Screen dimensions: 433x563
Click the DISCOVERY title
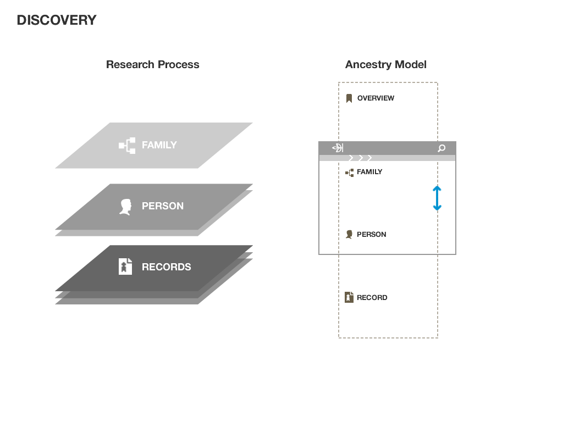(x=57, y=20)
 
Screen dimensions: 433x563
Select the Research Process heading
(x=152, y=64)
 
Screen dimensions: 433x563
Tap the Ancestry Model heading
(x=385, y=64)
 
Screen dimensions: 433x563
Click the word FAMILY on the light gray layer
(x=159, y=145)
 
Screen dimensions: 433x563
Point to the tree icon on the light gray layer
(x=127, y=146)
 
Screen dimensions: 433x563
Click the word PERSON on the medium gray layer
(x=162, y=206)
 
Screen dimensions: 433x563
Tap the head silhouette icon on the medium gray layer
(x=126, y=207)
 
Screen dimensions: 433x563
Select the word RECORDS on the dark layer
(x=166, y=267)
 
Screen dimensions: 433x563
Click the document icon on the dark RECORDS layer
(x=126, y=267)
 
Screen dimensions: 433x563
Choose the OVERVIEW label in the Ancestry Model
(x=376, y=98)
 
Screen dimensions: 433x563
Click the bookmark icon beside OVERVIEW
(x=349, y=98)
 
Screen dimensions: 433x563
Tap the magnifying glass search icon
(x=441, y=148)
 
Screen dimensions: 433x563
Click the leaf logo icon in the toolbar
(x=338, y=148)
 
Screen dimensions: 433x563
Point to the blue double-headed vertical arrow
(x=437, y=198)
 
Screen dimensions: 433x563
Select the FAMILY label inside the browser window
(x=369, y=172)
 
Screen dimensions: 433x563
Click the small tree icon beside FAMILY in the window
(x=349, y=173)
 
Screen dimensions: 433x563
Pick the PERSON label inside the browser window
(x=371, y=235)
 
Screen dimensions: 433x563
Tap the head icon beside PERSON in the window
(x=349, y=235)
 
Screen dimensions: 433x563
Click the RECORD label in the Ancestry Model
(x=372, y=298)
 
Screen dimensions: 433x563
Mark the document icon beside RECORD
(x=349, y=297)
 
